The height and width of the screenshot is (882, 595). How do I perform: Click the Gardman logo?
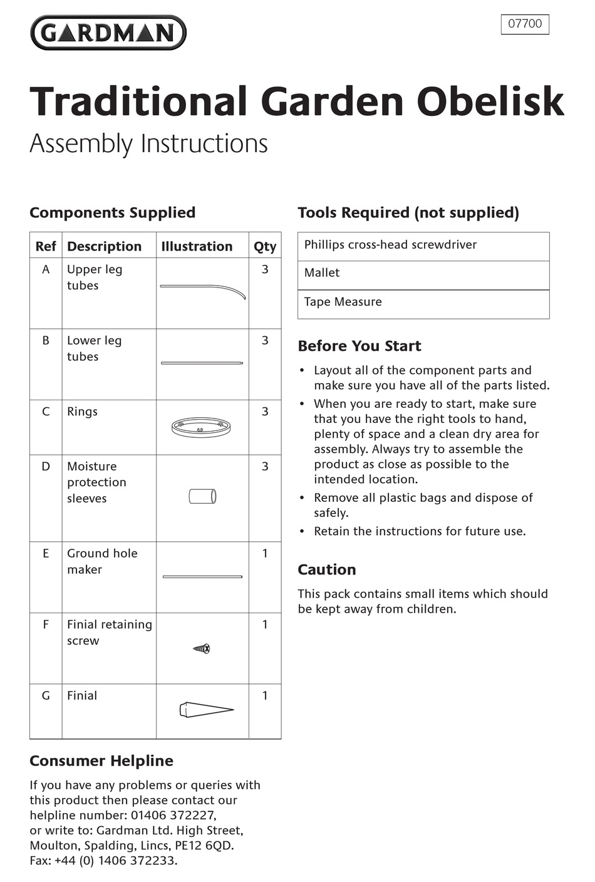coord(108,33)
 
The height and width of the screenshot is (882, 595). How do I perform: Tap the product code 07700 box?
coord(525,24)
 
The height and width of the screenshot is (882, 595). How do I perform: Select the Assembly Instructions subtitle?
coord(148,143)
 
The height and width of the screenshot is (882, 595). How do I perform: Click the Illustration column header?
coord(197,246)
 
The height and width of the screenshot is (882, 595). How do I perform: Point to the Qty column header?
coord(265,246)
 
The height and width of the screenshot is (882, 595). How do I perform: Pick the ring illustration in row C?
coord(201,428)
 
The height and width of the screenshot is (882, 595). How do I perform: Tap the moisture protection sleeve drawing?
coord(202,496)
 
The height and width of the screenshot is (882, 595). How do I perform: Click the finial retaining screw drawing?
coord(202,648)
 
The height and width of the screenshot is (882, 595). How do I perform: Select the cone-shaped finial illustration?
coord(206,710)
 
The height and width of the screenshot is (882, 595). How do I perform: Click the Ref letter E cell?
coord(46,553)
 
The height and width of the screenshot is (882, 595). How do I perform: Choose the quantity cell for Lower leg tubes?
coord(265,340)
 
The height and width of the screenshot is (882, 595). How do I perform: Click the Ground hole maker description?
coord(101,561)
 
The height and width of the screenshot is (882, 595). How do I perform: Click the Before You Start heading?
coord(360,346)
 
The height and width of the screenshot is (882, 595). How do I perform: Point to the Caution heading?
coord(327,569)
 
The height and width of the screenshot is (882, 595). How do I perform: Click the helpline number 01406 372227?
coord(173,815)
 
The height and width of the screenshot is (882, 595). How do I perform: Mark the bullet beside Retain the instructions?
coord(302,532)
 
